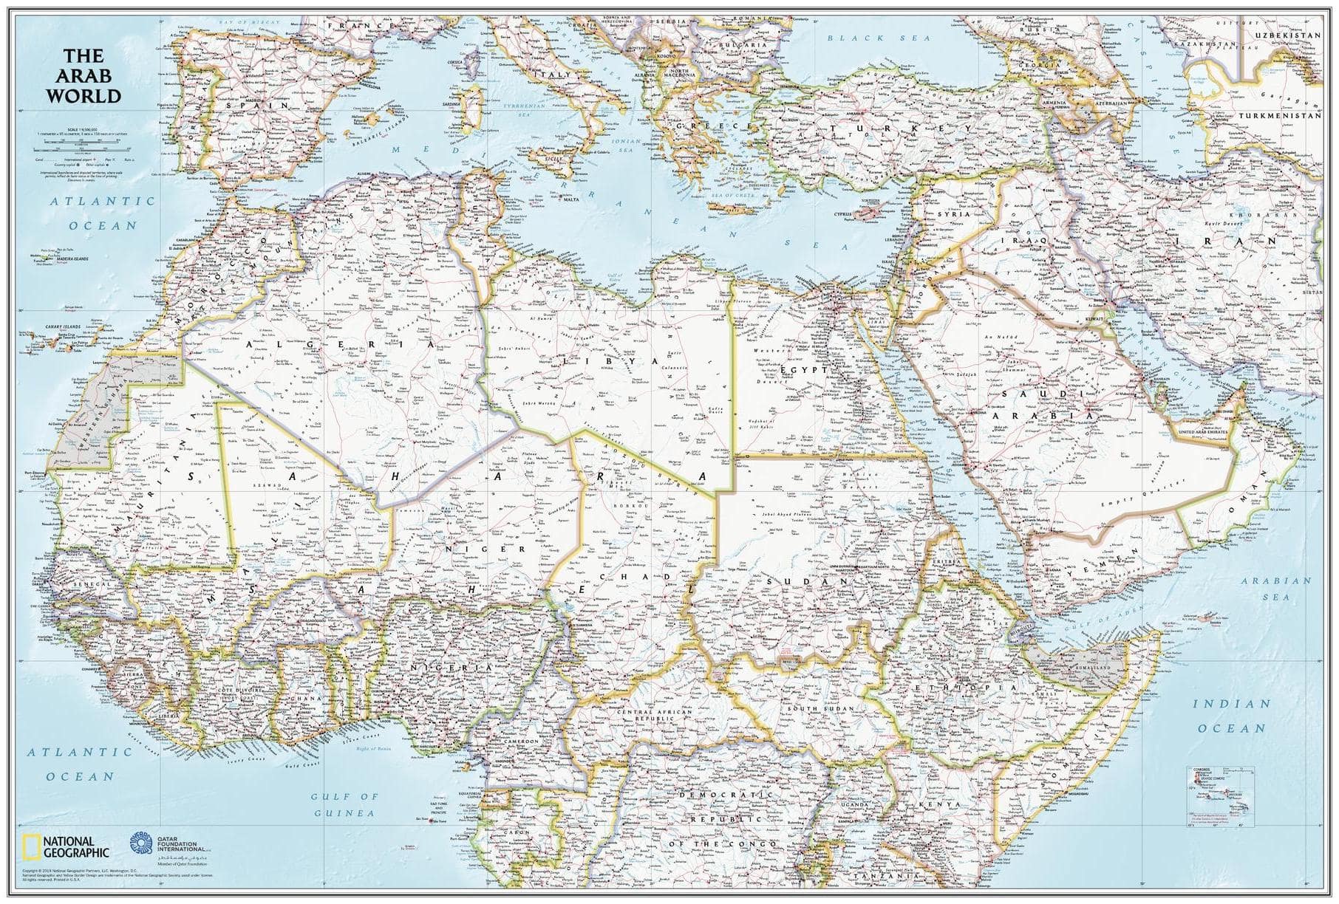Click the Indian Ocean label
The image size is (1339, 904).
(1231, 716)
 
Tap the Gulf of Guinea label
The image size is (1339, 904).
(344, 804)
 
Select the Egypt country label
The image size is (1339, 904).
(792, 368)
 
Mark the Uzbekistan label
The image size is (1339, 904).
(1289, 35)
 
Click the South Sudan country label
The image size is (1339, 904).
(820, 709)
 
